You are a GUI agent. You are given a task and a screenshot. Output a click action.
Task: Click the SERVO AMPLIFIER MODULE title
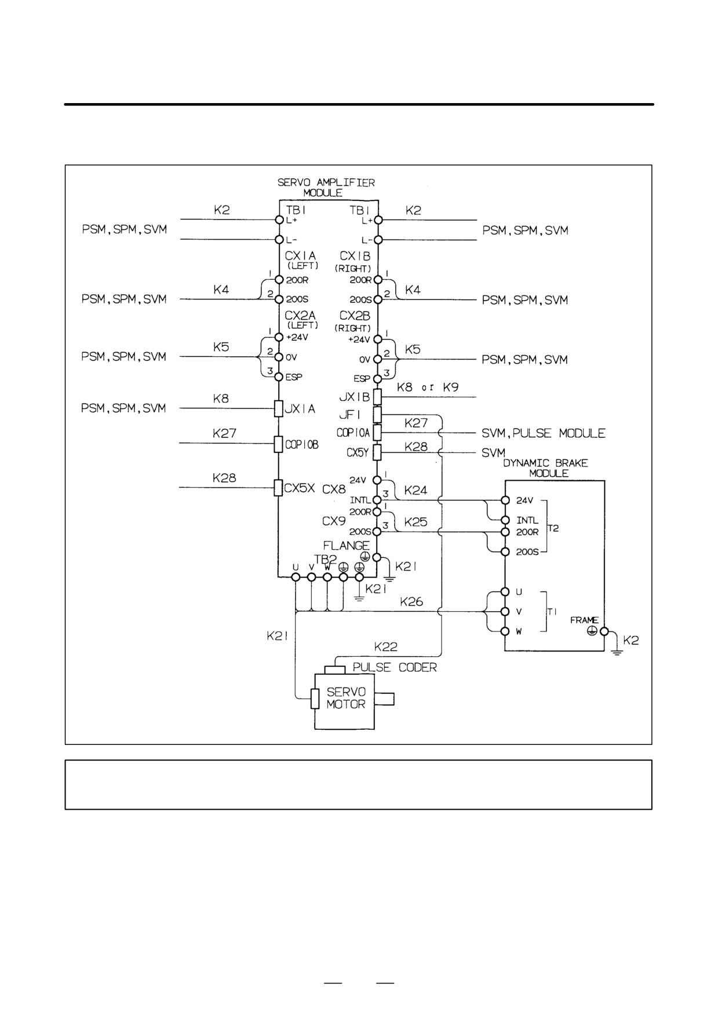click(326, 187)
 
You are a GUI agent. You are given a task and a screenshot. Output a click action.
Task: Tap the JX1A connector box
click(278, 408)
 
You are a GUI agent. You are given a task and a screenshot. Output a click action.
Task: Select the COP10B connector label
click(302, 445)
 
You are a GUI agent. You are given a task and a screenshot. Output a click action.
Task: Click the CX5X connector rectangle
click(278, 488)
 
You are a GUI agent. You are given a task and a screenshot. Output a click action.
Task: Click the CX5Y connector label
click(358, 452)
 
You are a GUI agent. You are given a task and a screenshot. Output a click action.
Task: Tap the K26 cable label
click(411, 602)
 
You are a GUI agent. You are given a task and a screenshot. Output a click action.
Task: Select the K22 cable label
click(386, 646)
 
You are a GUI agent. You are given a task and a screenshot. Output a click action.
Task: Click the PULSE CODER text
click(395, 667)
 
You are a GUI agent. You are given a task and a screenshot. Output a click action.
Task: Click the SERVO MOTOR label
click(346, 698)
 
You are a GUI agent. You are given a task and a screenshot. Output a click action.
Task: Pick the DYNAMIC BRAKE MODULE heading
click(545, 468)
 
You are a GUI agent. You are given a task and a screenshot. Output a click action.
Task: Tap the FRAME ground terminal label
click(584, 620)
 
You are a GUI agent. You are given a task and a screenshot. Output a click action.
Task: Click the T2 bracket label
click(553, 528)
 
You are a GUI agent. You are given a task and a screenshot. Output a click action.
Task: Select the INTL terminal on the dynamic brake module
click(505, 520)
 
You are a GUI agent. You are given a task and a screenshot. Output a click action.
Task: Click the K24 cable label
click(416, 490)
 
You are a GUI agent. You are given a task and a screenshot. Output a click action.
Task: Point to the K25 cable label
click(416, 522)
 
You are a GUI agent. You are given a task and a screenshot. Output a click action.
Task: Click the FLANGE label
click(346, 546)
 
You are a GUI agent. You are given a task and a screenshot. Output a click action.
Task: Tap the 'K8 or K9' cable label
click(428, 387)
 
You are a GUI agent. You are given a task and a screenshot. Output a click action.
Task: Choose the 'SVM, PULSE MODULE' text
click(544, 433)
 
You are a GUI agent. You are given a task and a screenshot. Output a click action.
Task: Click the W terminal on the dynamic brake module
click(505, 631)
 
